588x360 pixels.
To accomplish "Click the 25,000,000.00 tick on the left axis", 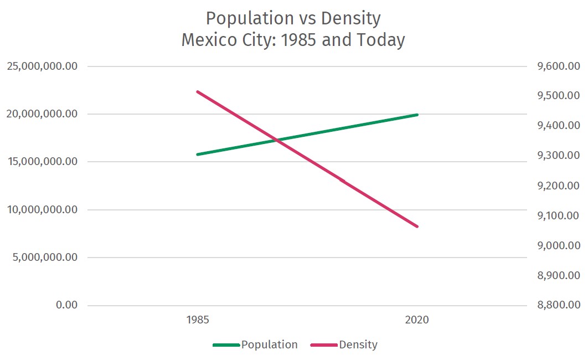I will pos(42,66).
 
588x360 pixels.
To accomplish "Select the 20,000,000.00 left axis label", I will pos(42,114).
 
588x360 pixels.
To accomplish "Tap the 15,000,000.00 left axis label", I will pos(42,162).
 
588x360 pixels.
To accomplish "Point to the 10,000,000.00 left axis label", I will pos(42,210).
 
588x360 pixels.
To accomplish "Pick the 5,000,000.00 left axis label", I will pos(45,258).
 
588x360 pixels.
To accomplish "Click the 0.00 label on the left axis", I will pos(66,305).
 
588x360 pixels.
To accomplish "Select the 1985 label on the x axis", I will pos(198,320).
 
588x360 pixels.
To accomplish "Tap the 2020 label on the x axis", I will pos(417,320).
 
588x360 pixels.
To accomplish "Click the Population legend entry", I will pos(256,344).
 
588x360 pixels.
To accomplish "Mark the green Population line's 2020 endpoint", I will pos(417,115).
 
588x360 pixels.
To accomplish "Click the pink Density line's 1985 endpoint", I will pos(198,91).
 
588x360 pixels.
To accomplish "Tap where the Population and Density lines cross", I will pos(277,140).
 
